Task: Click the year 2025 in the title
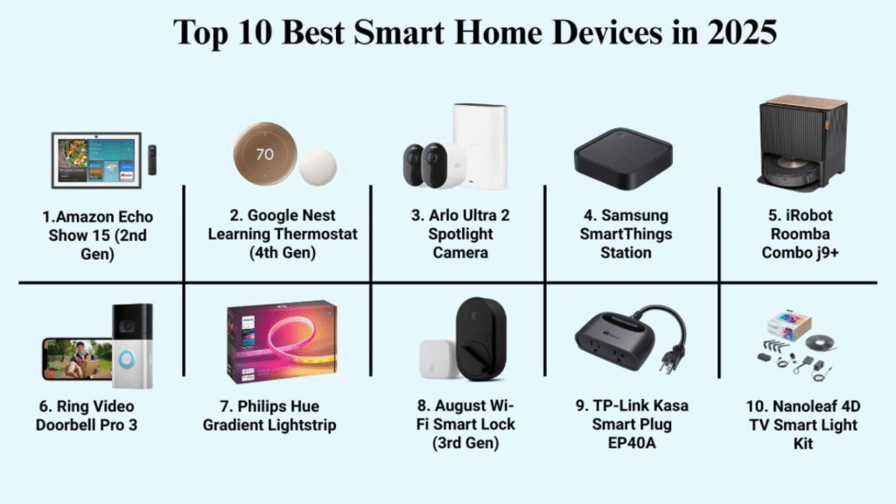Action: (x=742, y=32)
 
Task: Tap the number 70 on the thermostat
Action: (x=264, y=154)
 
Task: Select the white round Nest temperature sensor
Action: (x=318, y=167)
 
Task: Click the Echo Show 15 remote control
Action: (x=152, y=160)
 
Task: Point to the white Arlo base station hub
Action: (x=480, y=145)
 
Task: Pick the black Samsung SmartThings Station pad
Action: (x=623, y=158)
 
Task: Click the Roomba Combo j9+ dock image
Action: (x=802, y=143)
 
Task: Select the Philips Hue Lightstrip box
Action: (x=282, y=342)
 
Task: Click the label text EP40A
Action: (x=632, y=443)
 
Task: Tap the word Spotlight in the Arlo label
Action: (x=460, y=234)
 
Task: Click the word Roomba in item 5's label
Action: (x=800, y=234)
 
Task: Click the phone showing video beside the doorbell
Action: (x=77, y=359)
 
